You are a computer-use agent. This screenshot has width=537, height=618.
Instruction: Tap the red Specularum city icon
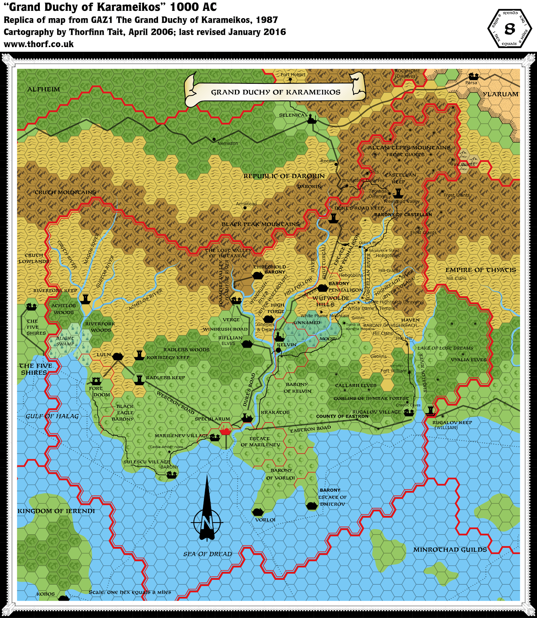pyautogui.click(x=226, y=429)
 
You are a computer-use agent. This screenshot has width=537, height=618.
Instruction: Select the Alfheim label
pyautogui.click(x=44, y=89)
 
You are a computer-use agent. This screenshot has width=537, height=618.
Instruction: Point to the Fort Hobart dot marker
pyautogui.click(x=291, y=80)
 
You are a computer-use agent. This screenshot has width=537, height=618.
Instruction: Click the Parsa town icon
pyautogui.click(x=473, y=76)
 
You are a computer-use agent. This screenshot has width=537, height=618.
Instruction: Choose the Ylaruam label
pyautogui.click(x=501, y=94)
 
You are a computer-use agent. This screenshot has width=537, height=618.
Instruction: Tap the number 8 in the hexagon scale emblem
pyautogui.click(x=510, y=29)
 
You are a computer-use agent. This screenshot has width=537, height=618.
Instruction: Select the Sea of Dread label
pyautogui.click(x=207, y=554)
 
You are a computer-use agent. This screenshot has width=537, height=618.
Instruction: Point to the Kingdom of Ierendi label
pyautogui.click(x=56, y=511)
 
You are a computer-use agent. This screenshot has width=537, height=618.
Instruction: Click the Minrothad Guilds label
pyautogui.click(x=450, y=549)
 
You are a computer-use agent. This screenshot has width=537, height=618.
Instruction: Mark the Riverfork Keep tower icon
pyautogui.click(x=85, y=298)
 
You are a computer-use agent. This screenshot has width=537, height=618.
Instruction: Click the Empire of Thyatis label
pyautogui.click(x=481, y=270)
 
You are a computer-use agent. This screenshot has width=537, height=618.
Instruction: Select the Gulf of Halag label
pyautogui.click(x=52, y=416)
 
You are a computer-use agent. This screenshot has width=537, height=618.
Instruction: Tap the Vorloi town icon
pyautogui.click(x=257, y=512)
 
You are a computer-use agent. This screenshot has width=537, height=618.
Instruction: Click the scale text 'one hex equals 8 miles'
pyautogui.click(x=130, y=592)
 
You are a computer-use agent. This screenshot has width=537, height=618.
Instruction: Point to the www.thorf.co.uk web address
pyautogui.click(x=39, y=44)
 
